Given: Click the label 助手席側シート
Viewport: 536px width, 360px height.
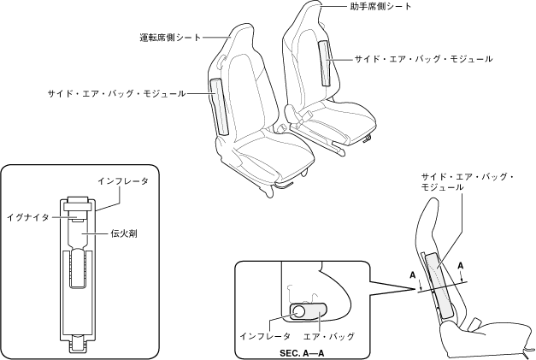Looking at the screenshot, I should click(380, 7).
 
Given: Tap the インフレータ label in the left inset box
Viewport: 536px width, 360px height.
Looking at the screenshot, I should click(122, 182).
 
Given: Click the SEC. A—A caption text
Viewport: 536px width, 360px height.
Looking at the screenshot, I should click(305, 351).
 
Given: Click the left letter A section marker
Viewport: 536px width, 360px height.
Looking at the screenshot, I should click(413, 275).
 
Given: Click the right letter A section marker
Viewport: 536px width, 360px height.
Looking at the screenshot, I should click(462, 266).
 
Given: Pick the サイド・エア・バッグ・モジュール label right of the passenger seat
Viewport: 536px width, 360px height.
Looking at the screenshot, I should click(423, 60).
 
